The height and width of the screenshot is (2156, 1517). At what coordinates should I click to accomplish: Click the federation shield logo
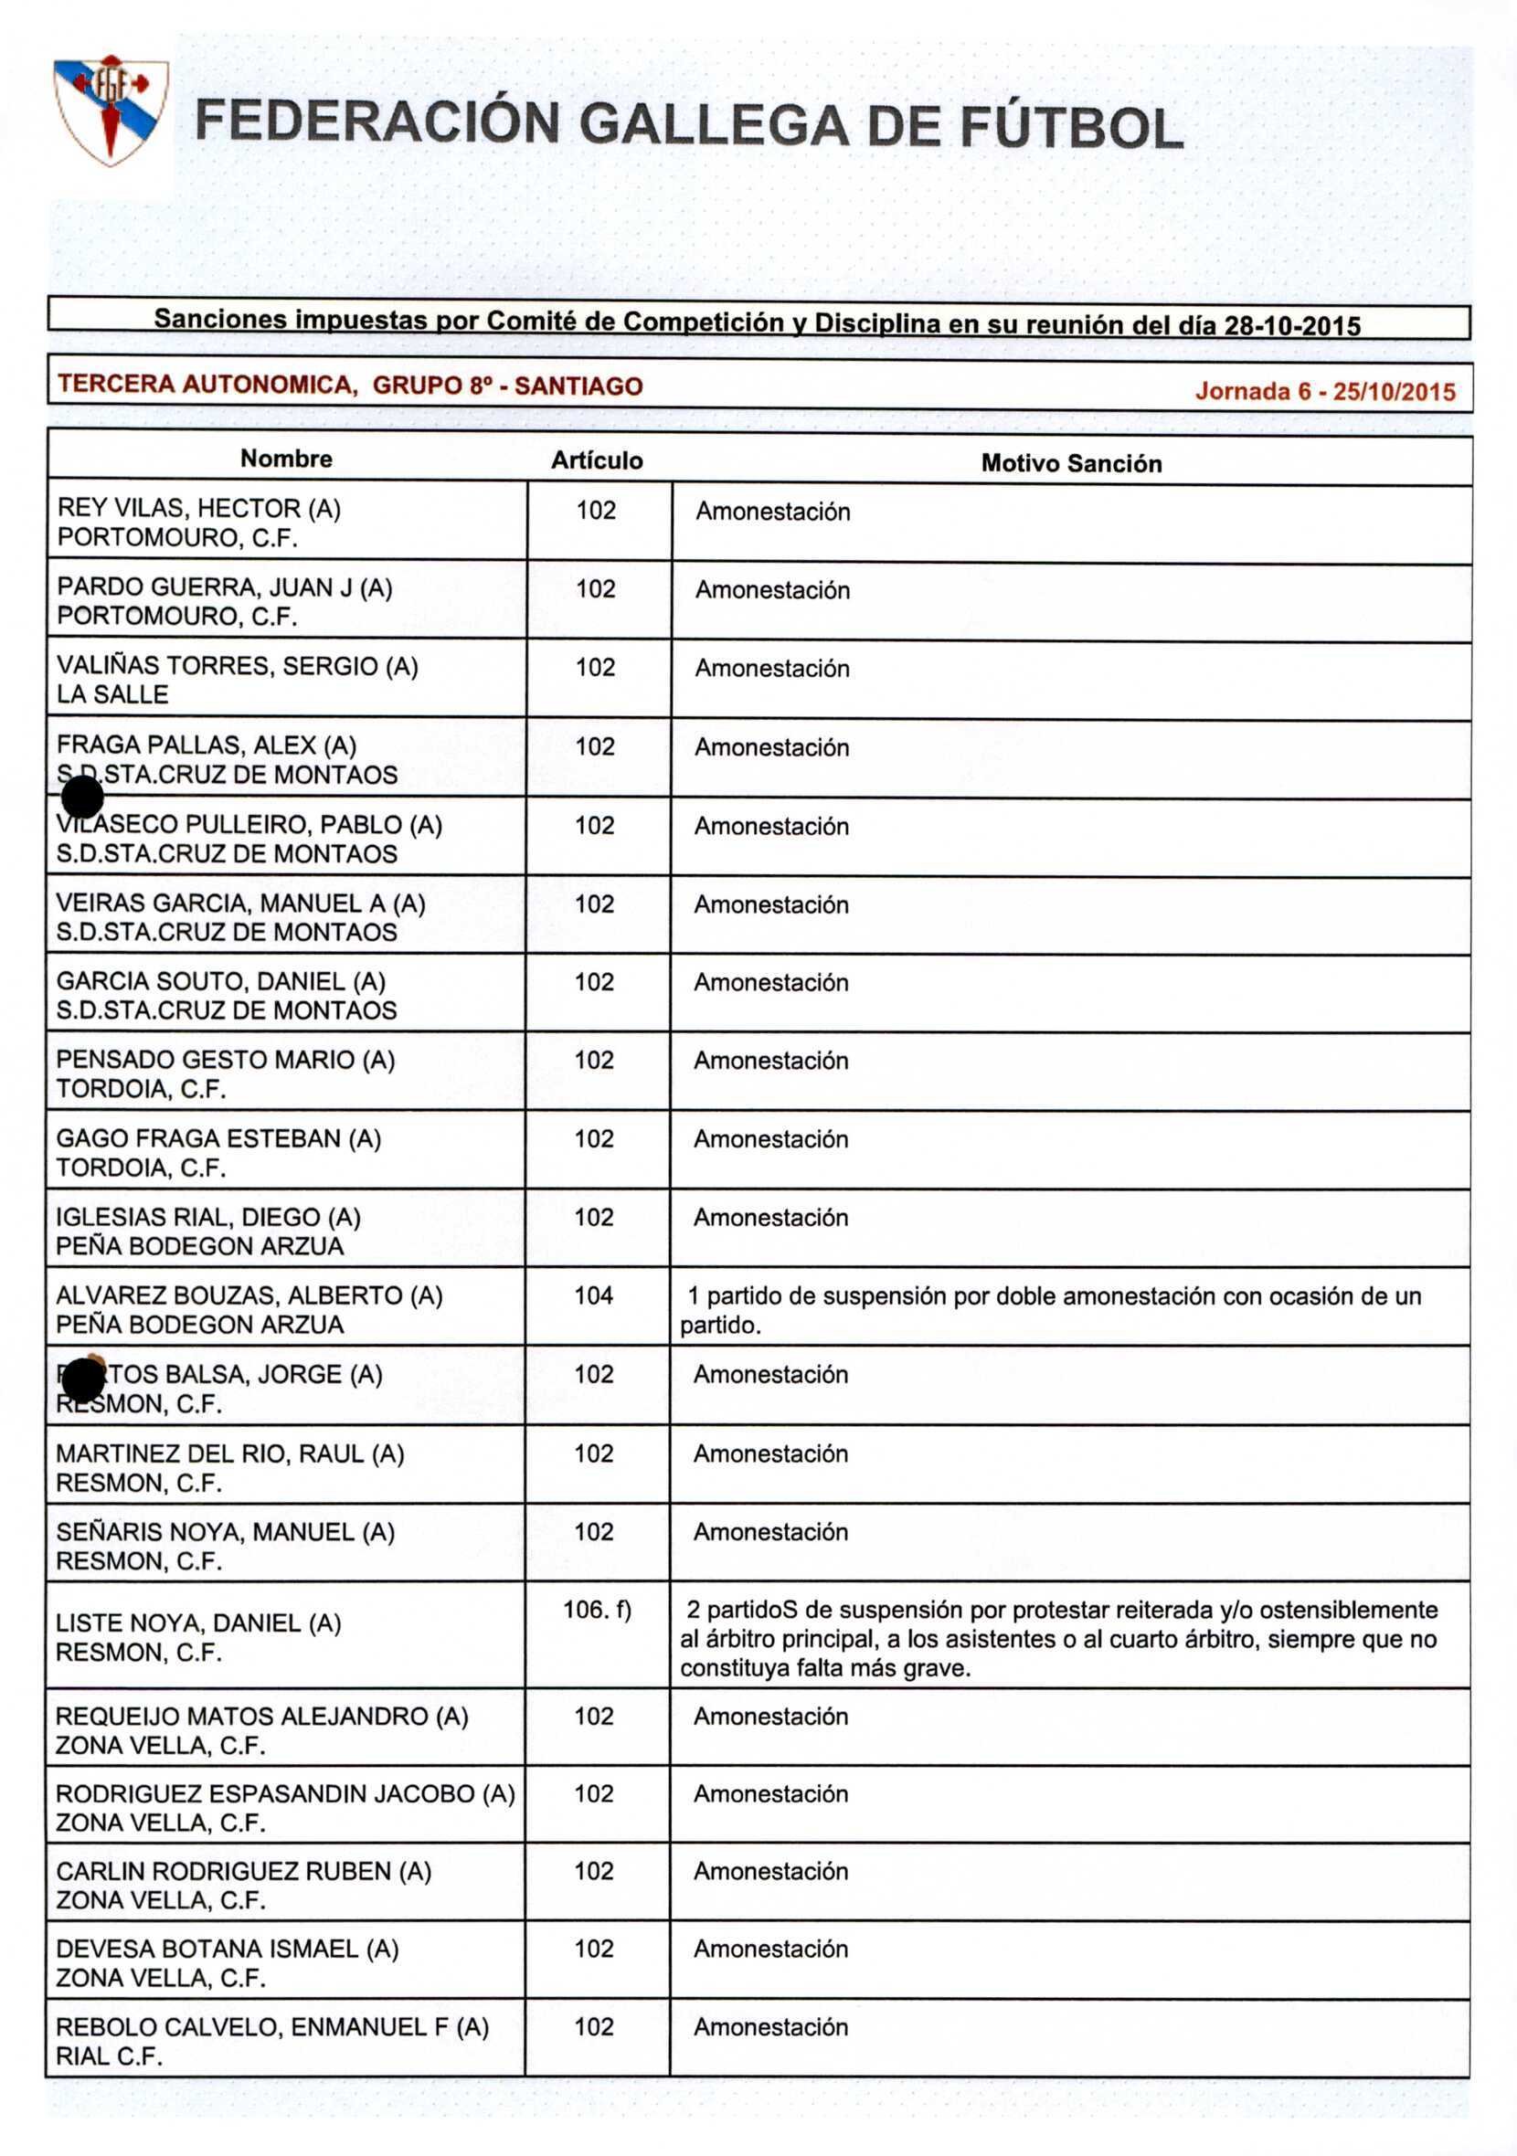click(111, 110)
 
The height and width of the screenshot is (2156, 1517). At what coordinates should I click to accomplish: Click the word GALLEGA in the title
click(713, 126)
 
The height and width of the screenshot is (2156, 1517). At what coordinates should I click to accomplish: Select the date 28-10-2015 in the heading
click(1292, 326)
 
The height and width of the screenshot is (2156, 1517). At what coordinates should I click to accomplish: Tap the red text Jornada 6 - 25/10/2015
click(1324, 392)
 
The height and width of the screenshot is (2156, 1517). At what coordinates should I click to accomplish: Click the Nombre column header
click(286, 459)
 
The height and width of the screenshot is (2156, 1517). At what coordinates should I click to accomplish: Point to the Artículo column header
click(597, 460)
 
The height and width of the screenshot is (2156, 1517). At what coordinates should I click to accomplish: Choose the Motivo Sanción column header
click(1071, 463)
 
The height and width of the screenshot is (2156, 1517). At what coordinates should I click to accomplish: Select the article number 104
click(594, 1295)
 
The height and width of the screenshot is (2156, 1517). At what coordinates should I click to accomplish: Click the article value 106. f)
click(597, 1610)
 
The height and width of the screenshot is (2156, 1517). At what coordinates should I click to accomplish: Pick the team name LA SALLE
click(111, 694)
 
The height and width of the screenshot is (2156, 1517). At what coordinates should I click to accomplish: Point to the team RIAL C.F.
click(109, 2056)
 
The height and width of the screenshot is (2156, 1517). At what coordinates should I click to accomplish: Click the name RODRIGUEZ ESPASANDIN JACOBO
click(266, 1792)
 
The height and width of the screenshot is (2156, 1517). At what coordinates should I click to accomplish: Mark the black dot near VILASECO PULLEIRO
click(82, 798)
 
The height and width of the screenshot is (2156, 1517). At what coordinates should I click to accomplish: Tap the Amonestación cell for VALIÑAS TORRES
click(772, 669)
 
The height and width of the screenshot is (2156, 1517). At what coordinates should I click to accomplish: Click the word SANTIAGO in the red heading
click(578, 386)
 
